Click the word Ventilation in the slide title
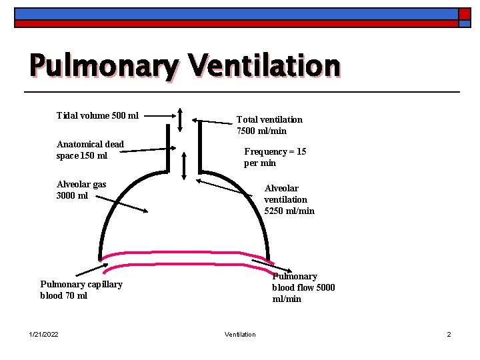tap(264, 66)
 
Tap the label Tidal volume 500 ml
tap(97, 115)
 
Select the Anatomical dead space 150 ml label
tap(90, 150)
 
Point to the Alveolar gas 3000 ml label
tap(81, 190)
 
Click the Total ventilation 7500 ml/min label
tap(269, 125)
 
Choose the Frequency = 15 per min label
tap(275, 157)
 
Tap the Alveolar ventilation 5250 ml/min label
tap(289, 199)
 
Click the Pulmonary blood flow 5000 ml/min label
tap(303, 287)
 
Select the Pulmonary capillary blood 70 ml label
tap(81, 290)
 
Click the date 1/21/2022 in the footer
tap(43, 334)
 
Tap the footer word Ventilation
tap(240, 334)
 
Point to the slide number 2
tap(449, 334)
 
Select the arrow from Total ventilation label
tap(213, 122)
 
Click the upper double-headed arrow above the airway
tap(181, 120)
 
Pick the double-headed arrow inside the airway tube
tap(185, 163)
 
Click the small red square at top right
tap(464, 14)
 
